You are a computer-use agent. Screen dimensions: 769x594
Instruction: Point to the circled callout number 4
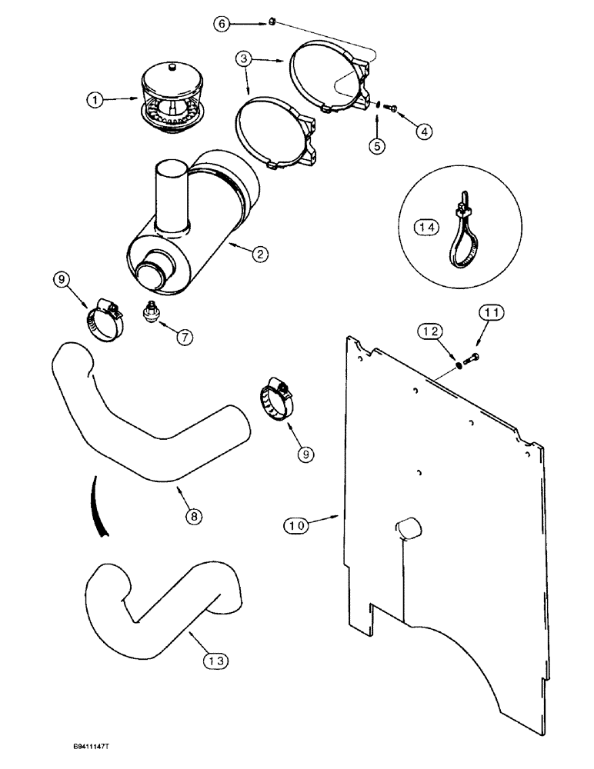[424, 131]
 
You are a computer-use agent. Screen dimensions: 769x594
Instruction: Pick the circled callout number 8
[193, 517]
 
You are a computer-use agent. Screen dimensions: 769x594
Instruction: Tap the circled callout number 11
[491, 313]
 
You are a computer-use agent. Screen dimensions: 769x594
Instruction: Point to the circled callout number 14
[426, 226]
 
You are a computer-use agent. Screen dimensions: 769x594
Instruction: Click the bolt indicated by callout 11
[472, 356]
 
